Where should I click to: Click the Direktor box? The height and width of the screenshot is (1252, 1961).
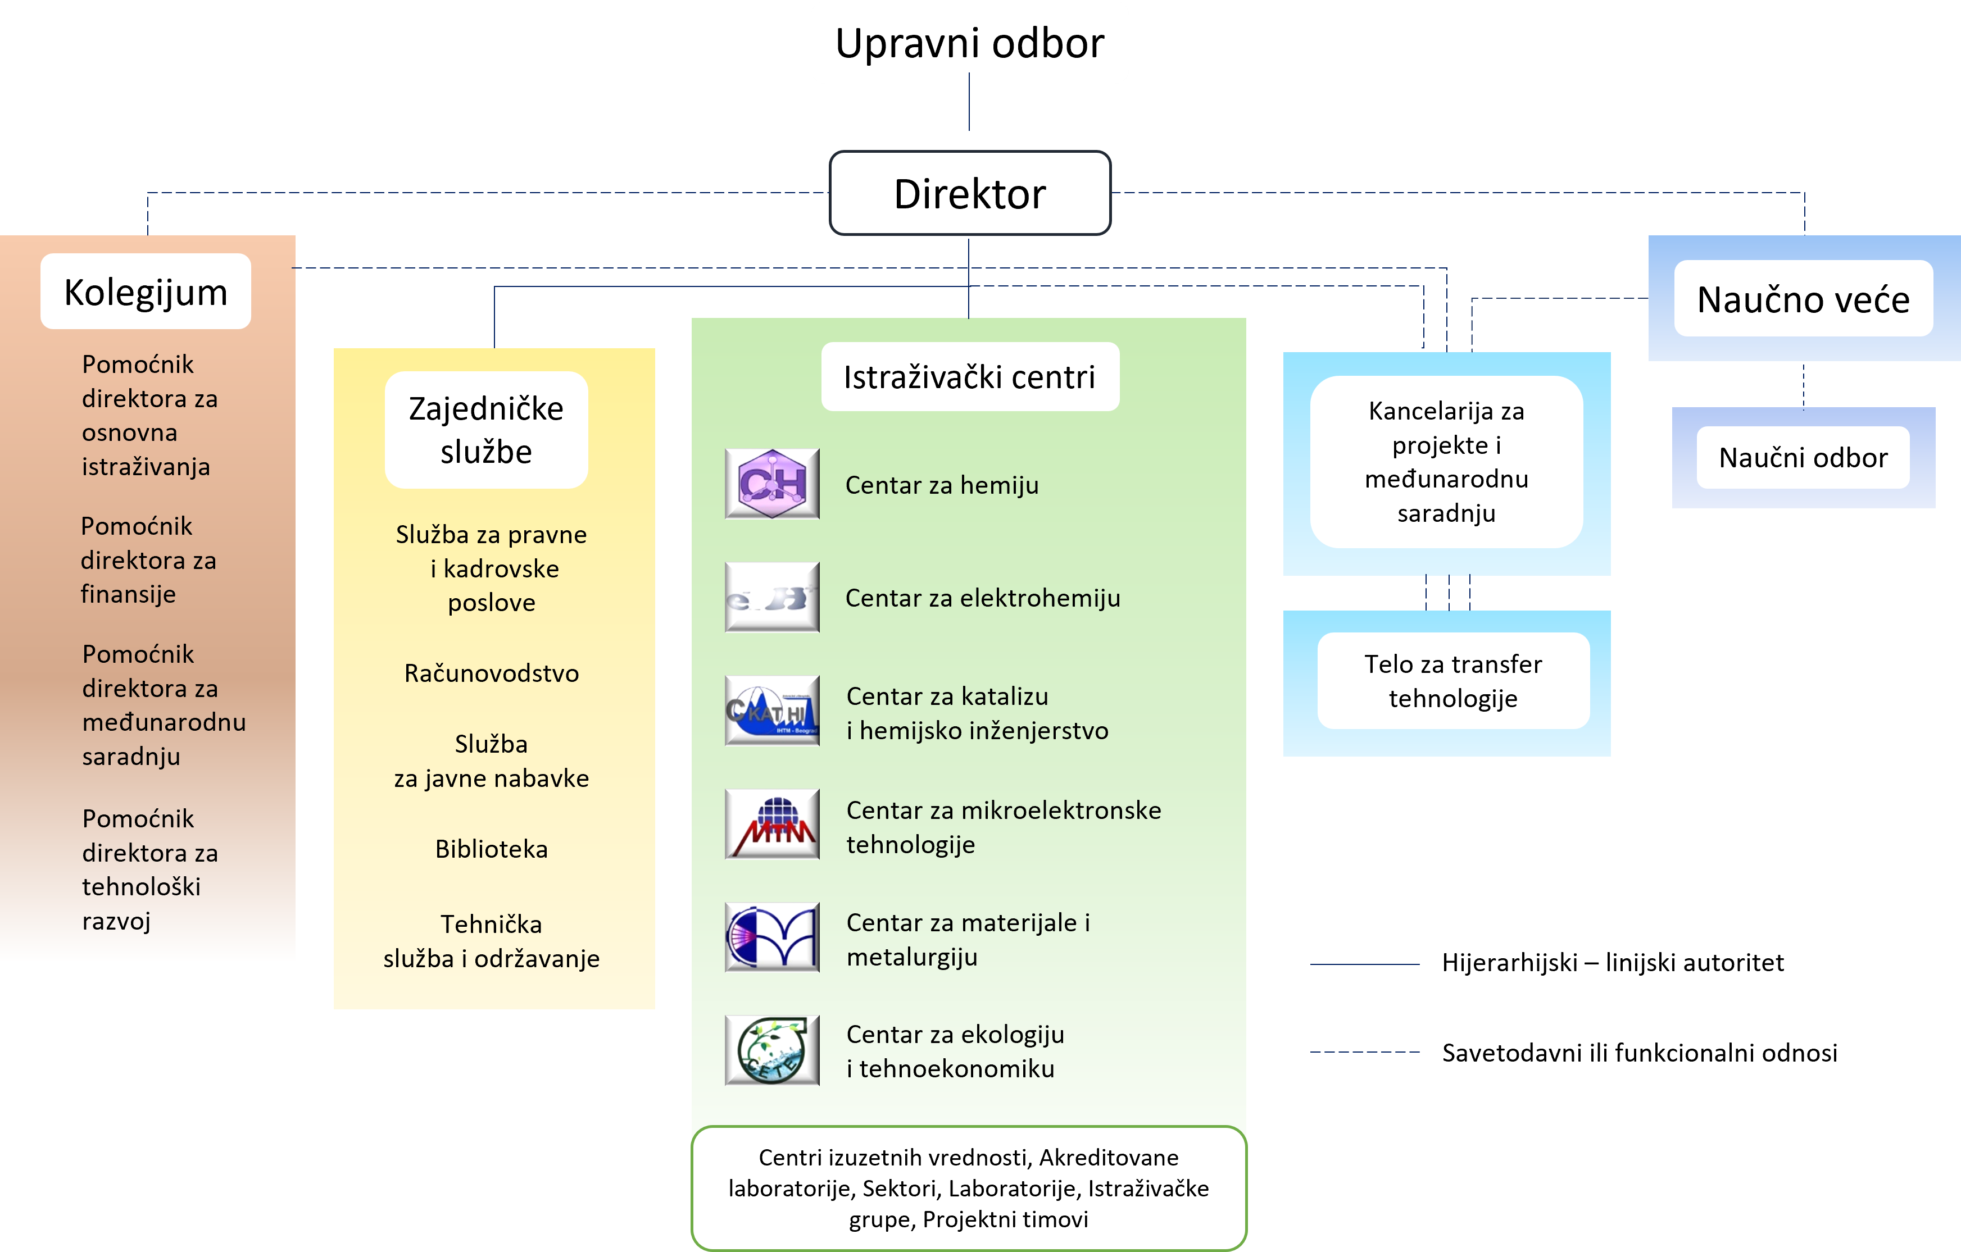click(x=970, y=193)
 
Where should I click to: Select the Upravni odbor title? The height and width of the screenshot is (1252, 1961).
click(x=970, y=43)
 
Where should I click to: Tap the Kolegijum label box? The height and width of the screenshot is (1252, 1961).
click(x=146, y=292)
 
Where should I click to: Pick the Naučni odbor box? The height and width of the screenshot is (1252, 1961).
click(x=1803, y=457)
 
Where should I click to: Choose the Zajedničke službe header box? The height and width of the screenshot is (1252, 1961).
click(x=486, y=430)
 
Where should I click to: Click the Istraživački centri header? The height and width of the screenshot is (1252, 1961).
click(x=970, y=377)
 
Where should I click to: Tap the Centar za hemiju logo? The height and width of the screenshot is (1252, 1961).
click(x=772, y=484)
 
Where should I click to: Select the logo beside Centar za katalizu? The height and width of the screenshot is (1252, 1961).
click(x=772, y=710)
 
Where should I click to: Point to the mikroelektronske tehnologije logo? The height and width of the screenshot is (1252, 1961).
click(x=772, y=824)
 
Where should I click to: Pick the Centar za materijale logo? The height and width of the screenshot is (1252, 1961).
click(x=772, y=937)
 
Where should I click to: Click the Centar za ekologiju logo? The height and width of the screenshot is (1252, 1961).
click(x=772, y=1050)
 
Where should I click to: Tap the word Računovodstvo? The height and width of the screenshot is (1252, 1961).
click(x=491, y=673)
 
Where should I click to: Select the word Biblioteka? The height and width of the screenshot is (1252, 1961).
click(x=491, y=849)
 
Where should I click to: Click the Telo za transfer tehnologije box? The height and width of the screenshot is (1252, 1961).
click(x=1454, y=681)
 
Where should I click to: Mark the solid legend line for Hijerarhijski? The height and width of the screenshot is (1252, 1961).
click(x=1365, y=964)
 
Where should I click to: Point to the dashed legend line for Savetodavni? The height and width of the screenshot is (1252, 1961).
click(x=1365, y=1053)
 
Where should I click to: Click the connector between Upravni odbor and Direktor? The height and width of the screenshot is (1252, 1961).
click(x=969, y=102)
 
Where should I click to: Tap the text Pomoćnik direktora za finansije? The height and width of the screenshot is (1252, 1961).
click(x=148, y=560)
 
